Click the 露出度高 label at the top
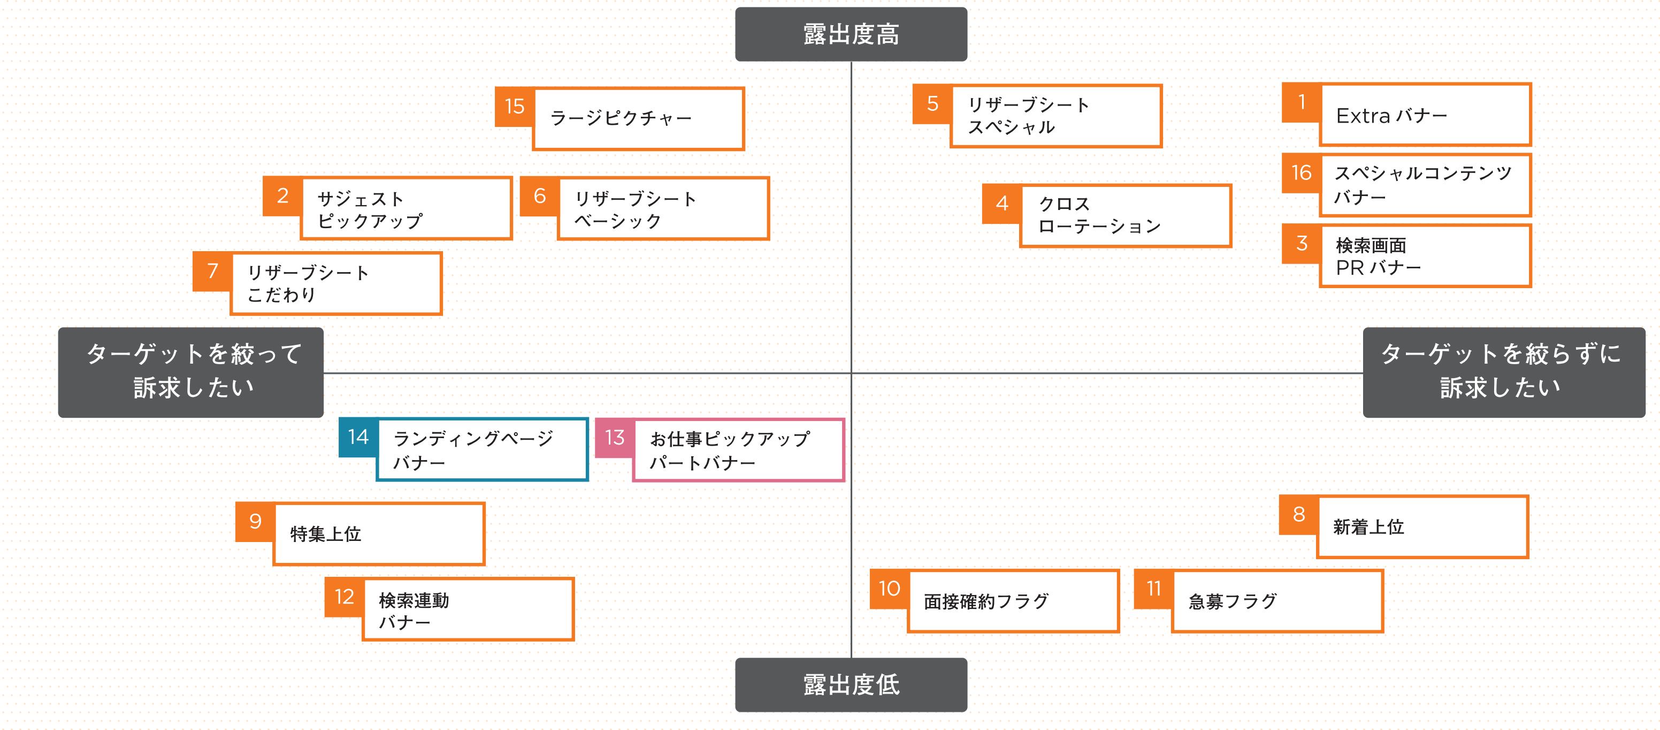[851, 34]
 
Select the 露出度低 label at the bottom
[851, 684]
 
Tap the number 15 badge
[514, 107]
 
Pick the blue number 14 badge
[358, 437]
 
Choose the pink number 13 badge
[614, 438]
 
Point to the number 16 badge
[1301, 173]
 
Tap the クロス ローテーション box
[1125, 215]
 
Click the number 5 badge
[932, 104]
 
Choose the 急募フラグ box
[1276, 601]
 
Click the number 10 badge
[889, 589]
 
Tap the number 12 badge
[344, 597]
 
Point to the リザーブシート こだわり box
[336, 284]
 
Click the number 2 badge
[282, 196]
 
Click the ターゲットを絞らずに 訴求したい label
[1503, 372]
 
